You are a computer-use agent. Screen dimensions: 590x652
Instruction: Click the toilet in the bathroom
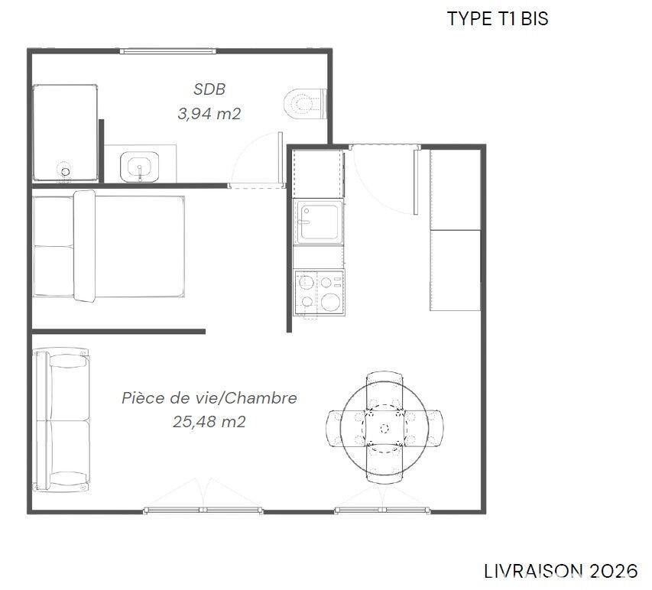[307, 104]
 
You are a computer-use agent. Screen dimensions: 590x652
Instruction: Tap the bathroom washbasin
[141, 166]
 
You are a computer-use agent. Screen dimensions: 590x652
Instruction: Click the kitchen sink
[319, 222]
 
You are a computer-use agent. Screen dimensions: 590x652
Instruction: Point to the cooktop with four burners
[319, 291]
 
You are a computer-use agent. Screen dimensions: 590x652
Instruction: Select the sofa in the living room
[61, 420]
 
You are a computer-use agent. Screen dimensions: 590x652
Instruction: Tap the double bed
[108, 246]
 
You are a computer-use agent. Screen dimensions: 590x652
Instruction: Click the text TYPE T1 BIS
[497, 19]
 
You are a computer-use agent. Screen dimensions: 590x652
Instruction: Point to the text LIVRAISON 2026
[560, 571]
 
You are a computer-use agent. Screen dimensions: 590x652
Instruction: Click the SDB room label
[209, 89]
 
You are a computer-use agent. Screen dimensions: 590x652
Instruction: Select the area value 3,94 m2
[209, 114]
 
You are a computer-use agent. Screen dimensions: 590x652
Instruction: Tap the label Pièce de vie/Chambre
[209, 397]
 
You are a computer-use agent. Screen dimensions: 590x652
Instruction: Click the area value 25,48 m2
[209, 421]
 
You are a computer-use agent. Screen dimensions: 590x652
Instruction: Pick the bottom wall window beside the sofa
[203, 510]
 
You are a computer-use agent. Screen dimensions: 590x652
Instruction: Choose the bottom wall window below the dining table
[383, 510]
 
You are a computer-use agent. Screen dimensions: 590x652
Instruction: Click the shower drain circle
[66, 170]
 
